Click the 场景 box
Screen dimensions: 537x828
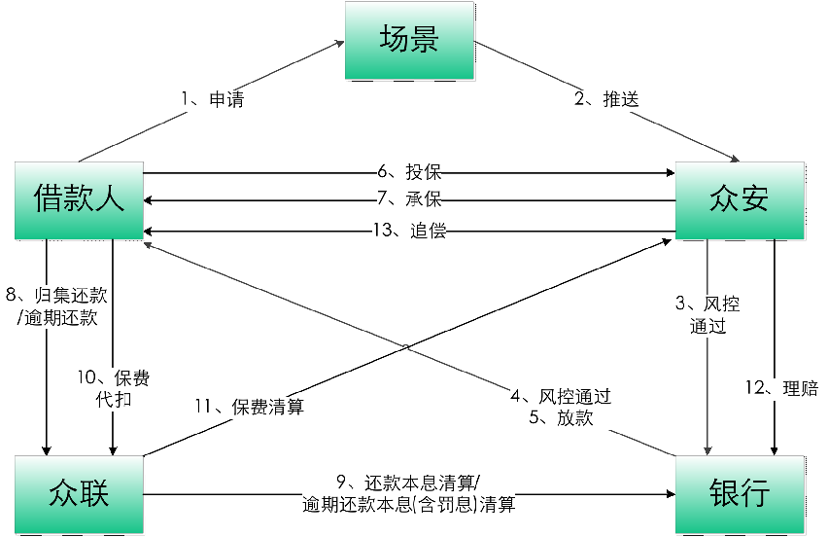(409, 41)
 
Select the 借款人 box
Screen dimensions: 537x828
(79, 200)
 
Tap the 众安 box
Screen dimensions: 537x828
(741, 200)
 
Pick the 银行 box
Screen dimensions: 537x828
(741, 493)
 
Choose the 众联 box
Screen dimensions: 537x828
(79, 493)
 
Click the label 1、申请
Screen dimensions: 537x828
(212, 99)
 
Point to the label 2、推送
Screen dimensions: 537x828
(605, 99)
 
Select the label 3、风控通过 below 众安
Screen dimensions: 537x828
(707, 315)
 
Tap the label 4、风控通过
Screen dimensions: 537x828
(561, 396)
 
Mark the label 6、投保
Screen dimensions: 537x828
(409, 172)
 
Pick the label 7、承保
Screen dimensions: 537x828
(409, 198)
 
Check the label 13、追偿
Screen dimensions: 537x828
(409, 231)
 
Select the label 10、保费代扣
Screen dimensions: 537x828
(113, 389)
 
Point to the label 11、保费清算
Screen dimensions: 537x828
(249, 408)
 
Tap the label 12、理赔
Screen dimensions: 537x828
(780, 389)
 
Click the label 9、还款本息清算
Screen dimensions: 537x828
(408, 483)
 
